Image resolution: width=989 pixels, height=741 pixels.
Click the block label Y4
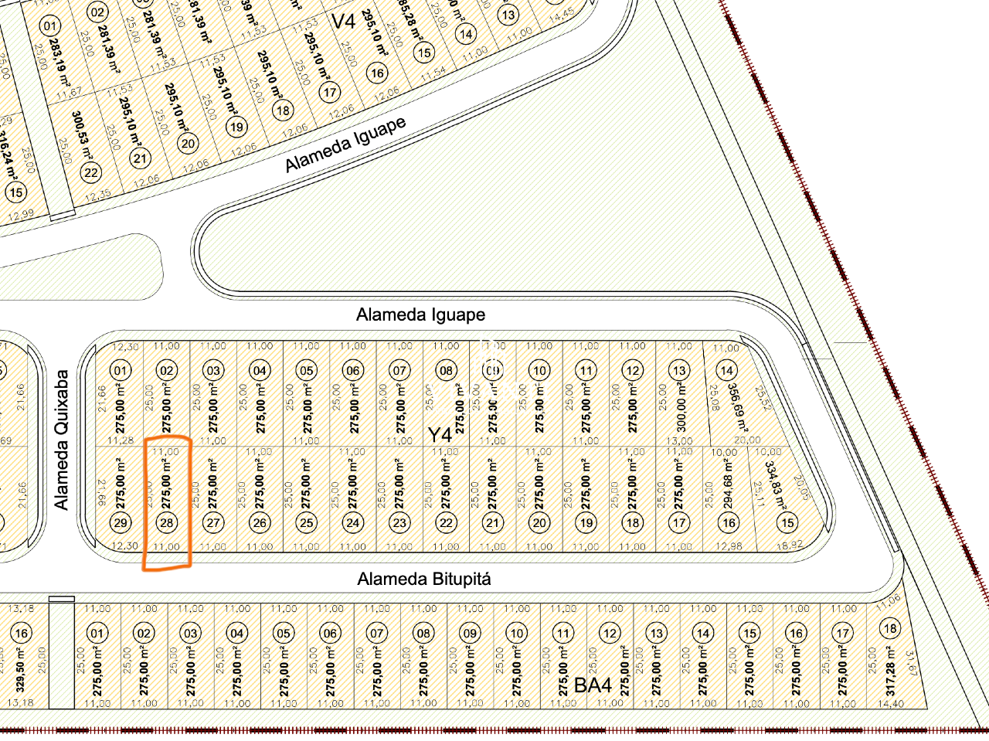[440, 435]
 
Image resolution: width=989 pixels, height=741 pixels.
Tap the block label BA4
[593, 685]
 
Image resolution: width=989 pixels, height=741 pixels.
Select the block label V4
[343, 21]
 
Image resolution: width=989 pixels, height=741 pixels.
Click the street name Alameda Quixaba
[62, 440]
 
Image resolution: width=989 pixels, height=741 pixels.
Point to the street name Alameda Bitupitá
[423, 579]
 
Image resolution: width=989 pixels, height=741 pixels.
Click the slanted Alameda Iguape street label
[345, 144]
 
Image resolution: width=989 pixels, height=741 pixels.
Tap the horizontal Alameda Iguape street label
[420, 314]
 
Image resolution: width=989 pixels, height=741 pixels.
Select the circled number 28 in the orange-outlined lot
[166, 522]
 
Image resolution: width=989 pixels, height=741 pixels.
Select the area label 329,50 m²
[21, 670]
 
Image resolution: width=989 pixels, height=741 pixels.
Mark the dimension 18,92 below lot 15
[788, 546]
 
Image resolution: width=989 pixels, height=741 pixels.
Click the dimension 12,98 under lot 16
[728, 546]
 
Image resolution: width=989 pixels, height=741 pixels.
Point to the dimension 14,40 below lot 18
[890, 704]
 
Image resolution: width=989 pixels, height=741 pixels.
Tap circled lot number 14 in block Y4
[726, 371]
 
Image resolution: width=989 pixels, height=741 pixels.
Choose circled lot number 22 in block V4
[91, 172]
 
